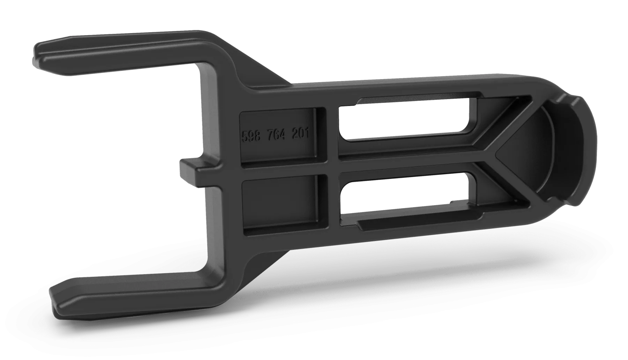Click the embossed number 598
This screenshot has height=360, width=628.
pos(251,136)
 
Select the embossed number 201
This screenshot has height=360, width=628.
pos(300,134)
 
